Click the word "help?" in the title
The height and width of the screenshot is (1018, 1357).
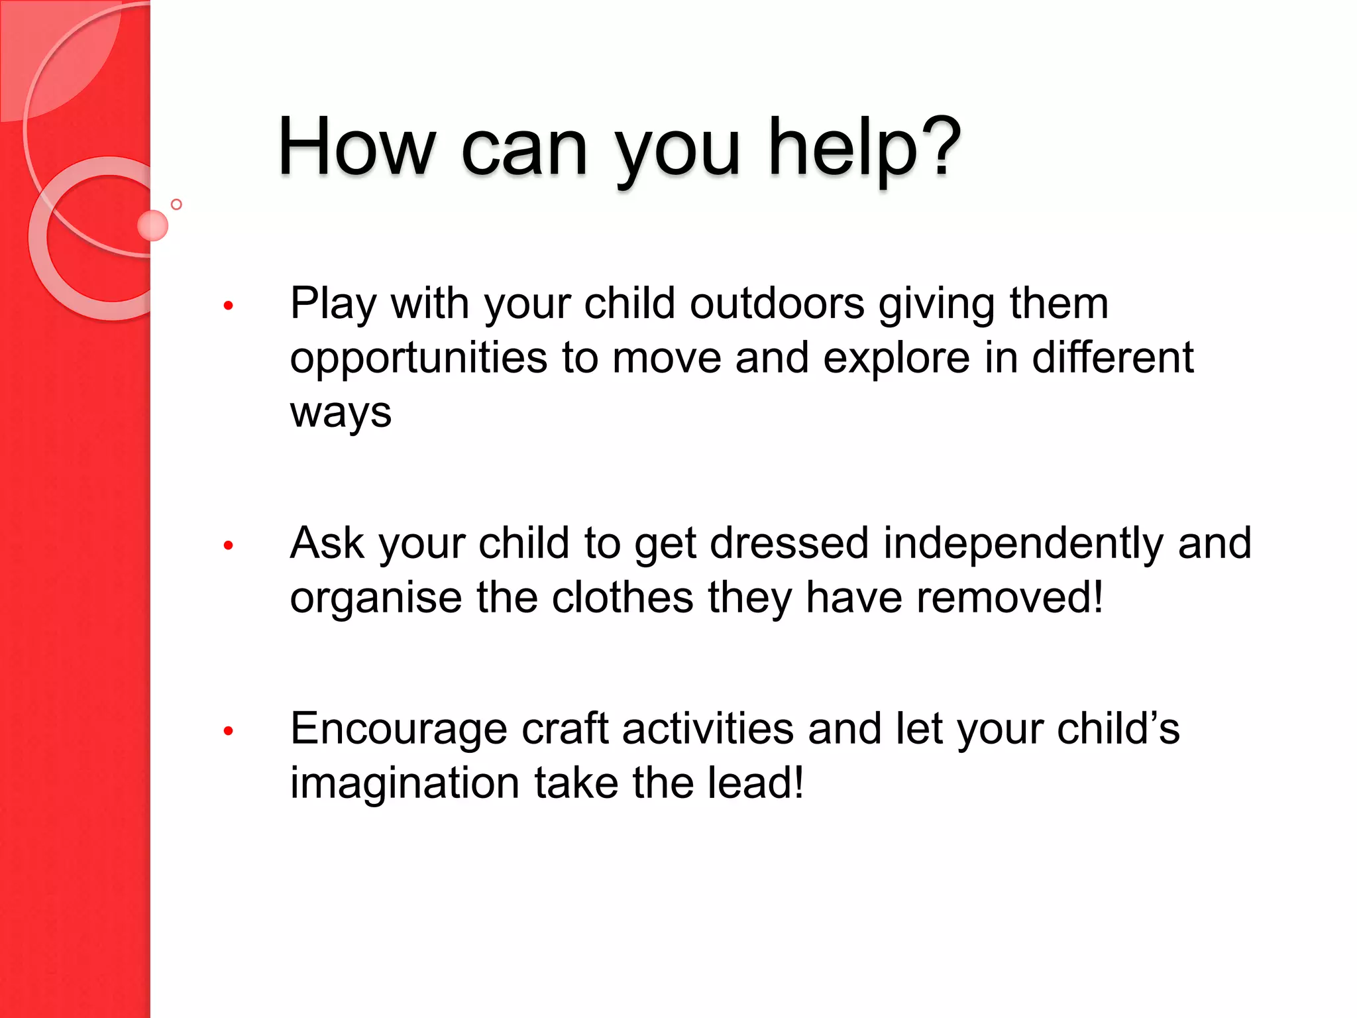click(x=863, y=147)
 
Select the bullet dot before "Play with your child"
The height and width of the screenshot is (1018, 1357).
click(x=229, y=306)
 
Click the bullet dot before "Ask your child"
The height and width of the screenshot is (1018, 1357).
click(x=229, y=545)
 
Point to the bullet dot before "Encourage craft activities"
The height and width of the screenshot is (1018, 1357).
click(x=229, y=731)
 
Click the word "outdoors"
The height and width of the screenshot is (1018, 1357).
click(x=777, y=304)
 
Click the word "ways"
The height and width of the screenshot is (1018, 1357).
click(x=341, y=413)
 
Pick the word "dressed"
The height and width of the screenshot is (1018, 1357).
click(x=788, y=543)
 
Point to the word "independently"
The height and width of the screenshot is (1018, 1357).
click(x=1022, y=544)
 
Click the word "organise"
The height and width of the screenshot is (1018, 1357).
click(x=376, y=598)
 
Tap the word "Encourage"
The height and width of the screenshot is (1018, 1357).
click(x=399, y=730)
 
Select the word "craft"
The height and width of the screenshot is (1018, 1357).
click(x=565, y=728)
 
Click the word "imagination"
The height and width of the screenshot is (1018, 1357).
click(x=405, y=783)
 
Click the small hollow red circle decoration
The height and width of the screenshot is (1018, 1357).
click(x=176, y=204)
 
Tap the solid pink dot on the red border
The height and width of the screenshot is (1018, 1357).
click(x=152, y=225)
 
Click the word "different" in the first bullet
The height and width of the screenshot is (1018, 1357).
click(x=1113, y=358)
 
